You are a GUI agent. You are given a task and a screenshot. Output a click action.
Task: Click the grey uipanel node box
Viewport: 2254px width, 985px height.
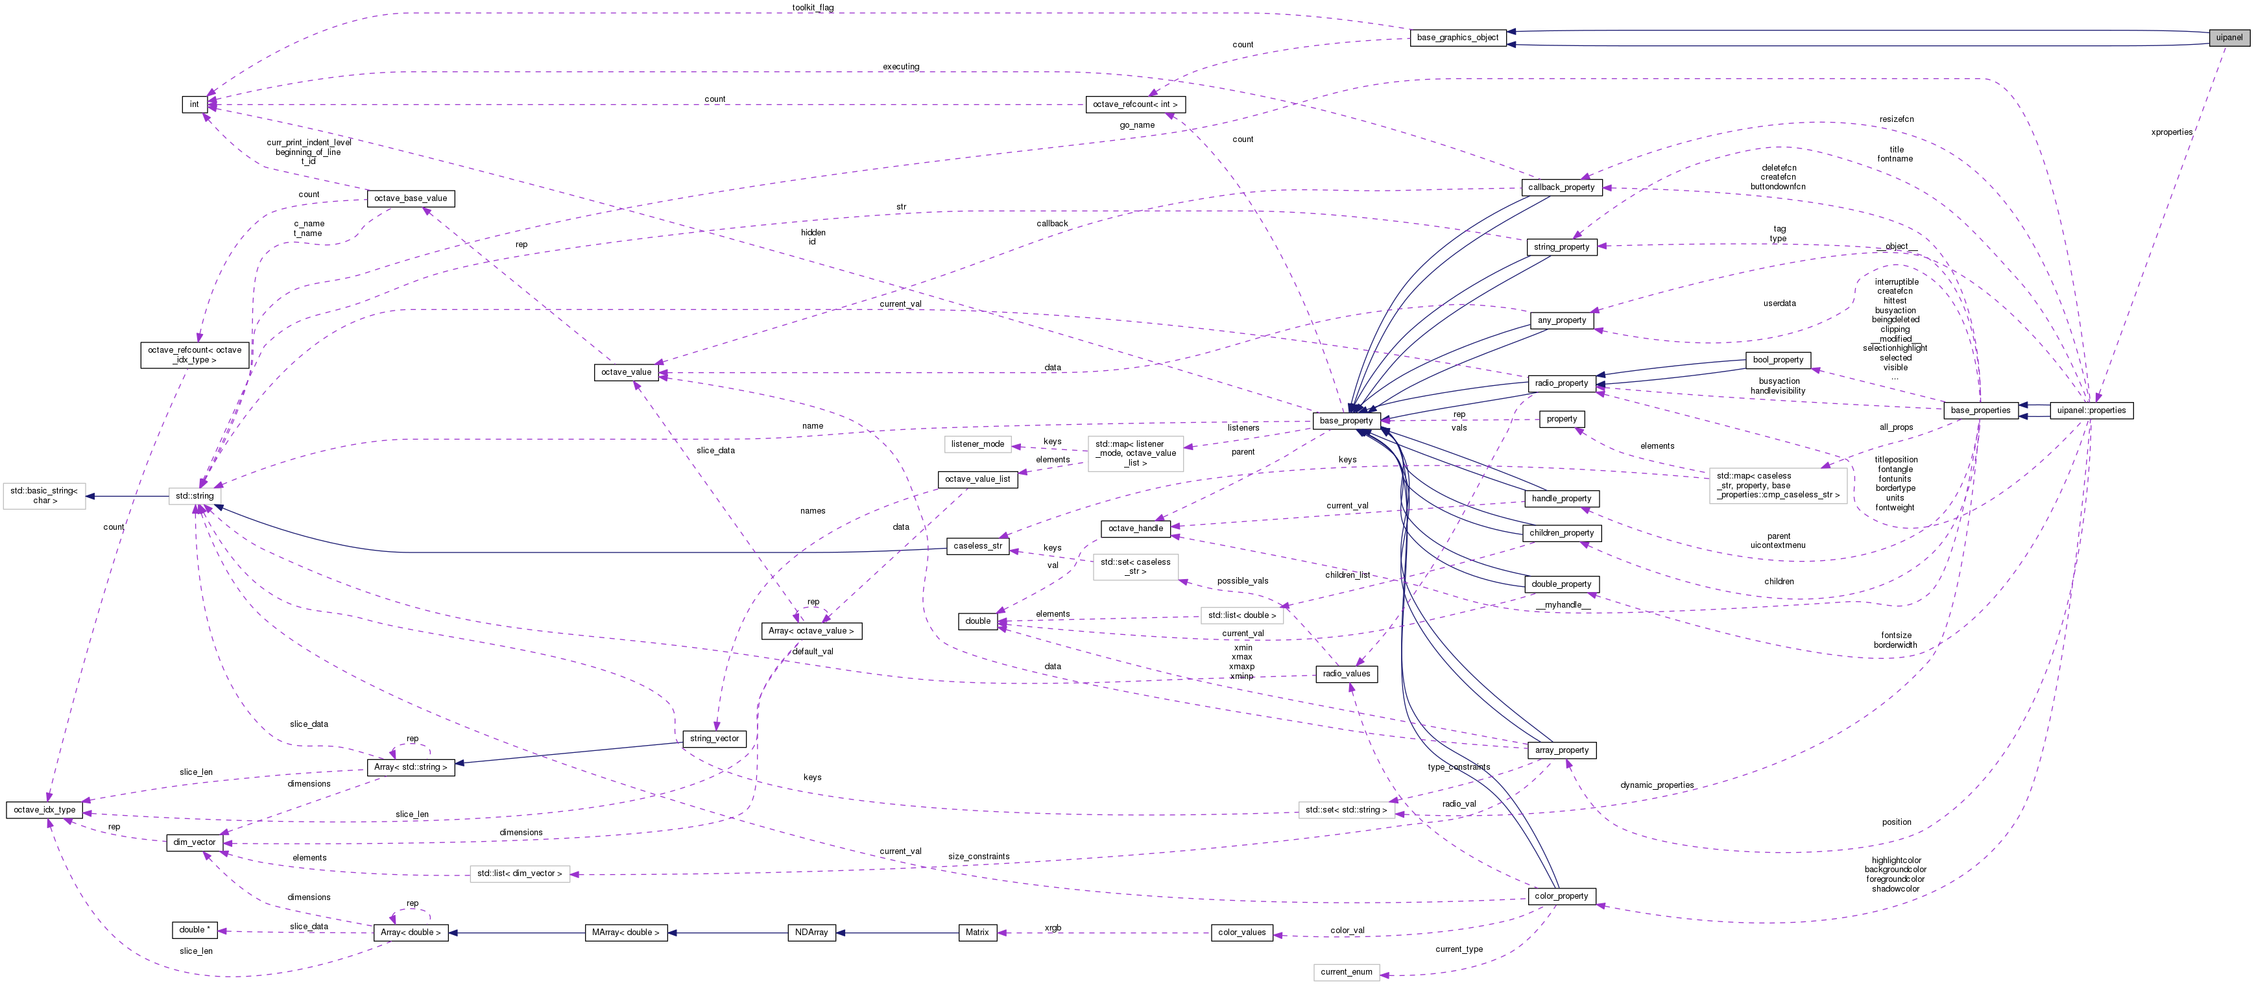2229,37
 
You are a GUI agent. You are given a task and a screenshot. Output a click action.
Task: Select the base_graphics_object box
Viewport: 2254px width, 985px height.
1457,38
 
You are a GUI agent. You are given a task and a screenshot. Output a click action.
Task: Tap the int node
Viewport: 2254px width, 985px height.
194,104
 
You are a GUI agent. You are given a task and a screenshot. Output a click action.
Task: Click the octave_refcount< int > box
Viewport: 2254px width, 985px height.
1135,104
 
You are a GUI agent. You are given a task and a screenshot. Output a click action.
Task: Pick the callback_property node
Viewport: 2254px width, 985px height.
1561,187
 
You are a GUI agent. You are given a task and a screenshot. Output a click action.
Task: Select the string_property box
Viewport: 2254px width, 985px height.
1561,246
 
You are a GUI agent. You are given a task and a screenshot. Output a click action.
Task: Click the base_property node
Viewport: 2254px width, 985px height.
1346,421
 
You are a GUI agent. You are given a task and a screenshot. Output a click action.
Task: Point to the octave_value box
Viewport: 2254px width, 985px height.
626,372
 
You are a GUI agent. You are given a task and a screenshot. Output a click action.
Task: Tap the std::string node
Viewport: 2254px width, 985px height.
194,496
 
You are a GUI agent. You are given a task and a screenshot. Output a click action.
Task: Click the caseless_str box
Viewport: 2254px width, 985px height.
977,546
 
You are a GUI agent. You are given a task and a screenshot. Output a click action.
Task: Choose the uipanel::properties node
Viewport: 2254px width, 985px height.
2091,410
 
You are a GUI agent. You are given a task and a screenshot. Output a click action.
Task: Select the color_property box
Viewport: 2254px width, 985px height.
1561,896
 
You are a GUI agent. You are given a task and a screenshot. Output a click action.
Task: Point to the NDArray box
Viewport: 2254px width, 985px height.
811,932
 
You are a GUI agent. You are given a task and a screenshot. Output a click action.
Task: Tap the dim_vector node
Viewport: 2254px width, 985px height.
194,842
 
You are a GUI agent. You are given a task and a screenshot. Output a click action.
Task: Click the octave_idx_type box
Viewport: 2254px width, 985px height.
45,810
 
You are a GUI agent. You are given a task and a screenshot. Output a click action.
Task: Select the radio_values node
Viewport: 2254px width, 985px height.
1346,674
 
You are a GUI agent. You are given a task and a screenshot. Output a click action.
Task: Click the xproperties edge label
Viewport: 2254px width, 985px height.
2171,132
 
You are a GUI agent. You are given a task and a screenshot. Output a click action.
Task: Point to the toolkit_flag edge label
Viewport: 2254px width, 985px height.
812,8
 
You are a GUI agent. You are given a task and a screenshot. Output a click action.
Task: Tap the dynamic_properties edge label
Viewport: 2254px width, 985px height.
1657,785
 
